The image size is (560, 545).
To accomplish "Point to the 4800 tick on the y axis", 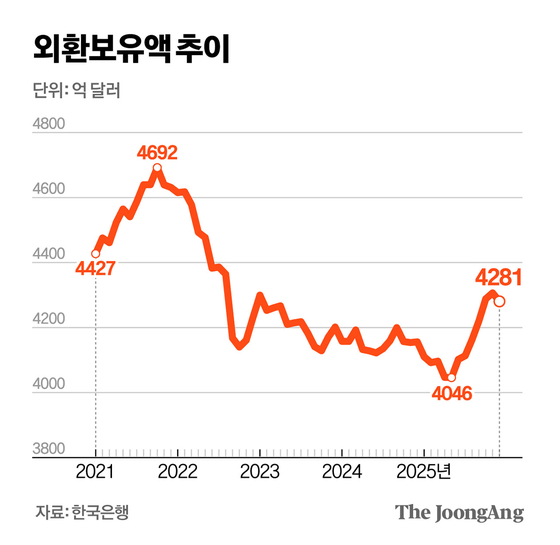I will [50, 126].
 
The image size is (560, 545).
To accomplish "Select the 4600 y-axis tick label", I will [50, 191].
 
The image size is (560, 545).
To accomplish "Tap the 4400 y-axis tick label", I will [50, 257].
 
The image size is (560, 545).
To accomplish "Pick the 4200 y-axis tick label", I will [50, 322].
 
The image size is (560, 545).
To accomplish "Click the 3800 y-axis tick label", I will [50, 451].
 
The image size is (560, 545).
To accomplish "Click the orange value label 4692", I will [158, 153].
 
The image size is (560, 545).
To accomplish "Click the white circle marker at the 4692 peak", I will [158, 168].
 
